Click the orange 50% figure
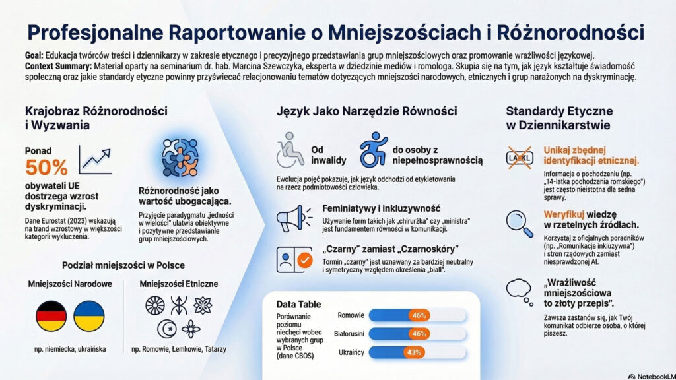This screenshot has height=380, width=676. coord(46,167)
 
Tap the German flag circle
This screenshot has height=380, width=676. coord(51,316)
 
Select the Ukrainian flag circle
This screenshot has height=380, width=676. coord(89,316)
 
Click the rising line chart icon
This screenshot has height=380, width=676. coord(95,160)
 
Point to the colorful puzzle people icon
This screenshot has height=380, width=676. coord(180,157)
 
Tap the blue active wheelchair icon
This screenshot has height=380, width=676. coord(374,150)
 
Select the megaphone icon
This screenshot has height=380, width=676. coord(294,218)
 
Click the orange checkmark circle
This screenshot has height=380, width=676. coord(305,260)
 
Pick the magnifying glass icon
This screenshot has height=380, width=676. coord(520,223)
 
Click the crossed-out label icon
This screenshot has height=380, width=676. coord(520,157)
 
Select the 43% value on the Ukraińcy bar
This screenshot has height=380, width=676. coord(413,352)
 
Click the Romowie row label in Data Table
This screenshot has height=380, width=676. coord(351,315)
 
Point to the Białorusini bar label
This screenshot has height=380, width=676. coord(349,334)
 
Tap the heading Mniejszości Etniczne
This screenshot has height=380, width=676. coord(178,284)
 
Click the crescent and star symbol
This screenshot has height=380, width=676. coord(167,329)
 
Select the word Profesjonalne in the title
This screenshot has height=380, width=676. coord(95,32)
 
